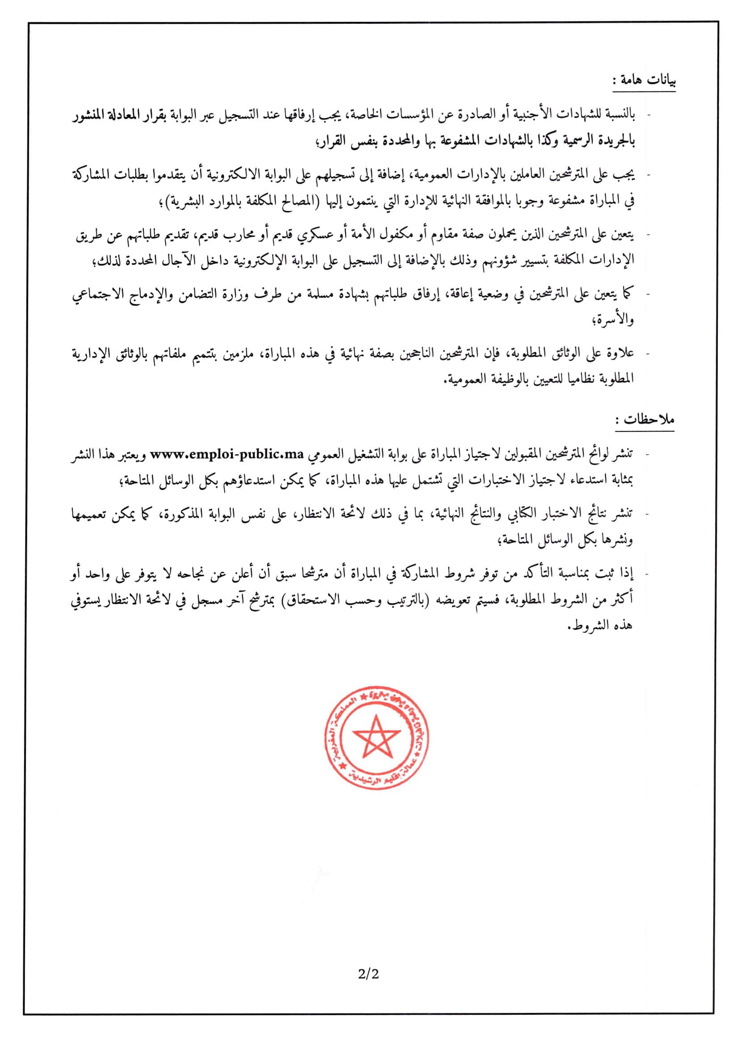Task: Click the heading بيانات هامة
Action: [645, 81]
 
